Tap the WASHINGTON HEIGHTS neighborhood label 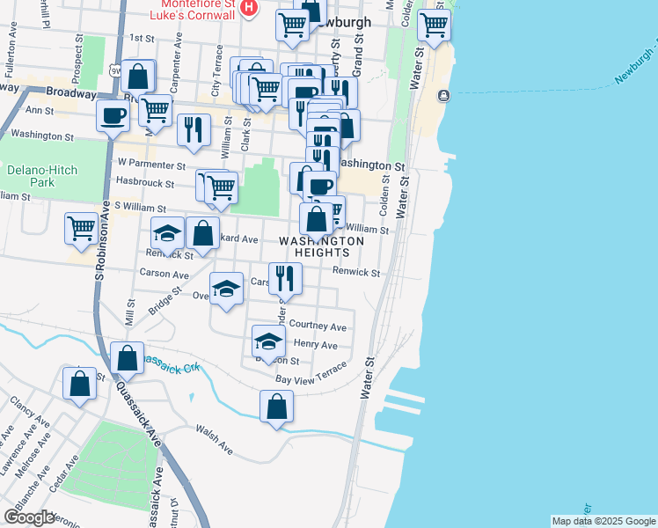pos(322,246)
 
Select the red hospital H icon pos(249,8)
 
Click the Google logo pos(29,517)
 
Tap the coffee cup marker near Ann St pos(113,116)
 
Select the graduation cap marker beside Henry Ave pos(268,341)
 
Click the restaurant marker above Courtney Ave pos(285,278)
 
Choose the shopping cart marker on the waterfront pos(433,25)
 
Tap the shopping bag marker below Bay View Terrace pos(276,407)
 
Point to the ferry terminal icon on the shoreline pos(442,94)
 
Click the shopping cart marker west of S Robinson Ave pos(81,227)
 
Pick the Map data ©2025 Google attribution pos(603,521)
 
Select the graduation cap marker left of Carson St pos(227,288)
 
